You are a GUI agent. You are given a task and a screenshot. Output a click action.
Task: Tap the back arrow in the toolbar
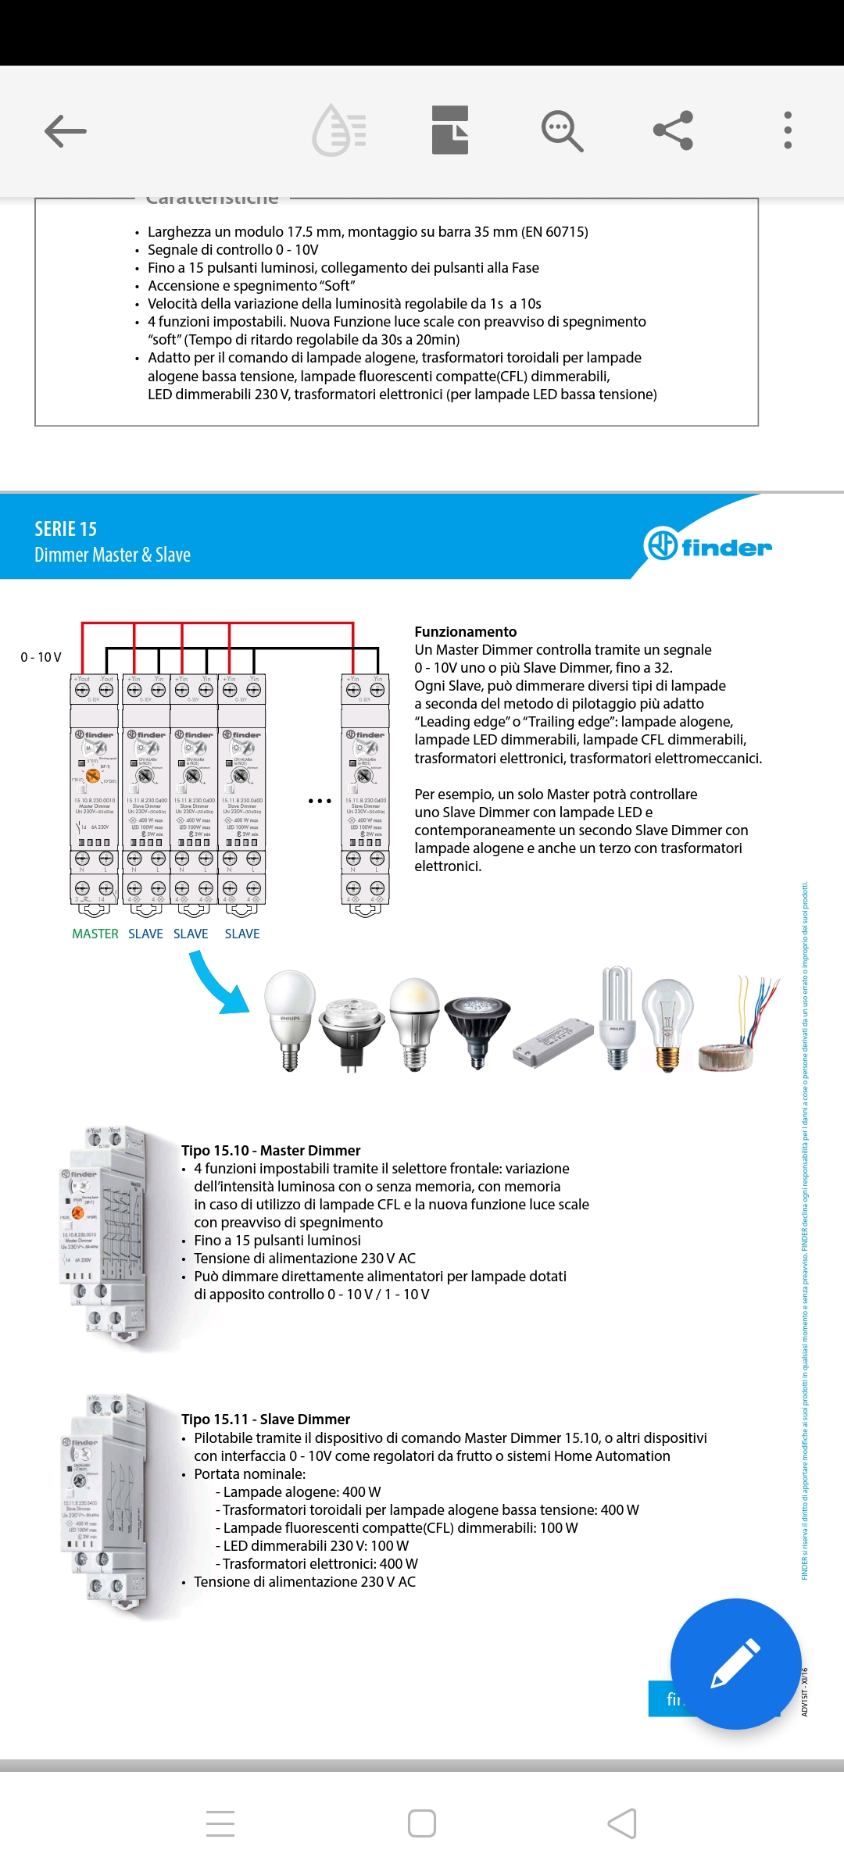[x=66, y=130]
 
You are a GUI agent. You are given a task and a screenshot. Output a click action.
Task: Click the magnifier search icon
[x=562, y=130]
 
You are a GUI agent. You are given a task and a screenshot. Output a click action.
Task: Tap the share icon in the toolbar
[x=673, y=130]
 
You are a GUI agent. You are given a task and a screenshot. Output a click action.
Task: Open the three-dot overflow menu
[x=787, y=130]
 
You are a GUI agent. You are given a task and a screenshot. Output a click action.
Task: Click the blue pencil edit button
[x=735, y=1663]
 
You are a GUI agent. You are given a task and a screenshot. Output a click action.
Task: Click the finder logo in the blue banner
[x=708, y=545]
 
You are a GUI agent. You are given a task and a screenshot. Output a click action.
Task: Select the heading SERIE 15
[x=66, y=529]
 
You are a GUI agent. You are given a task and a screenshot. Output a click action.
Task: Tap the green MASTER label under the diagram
[x=95, y=934]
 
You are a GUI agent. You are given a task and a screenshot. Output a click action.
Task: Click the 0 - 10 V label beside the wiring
[x=41, y=657]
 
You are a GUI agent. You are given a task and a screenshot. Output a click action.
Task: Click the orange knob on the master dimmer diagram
[x=92, y=775]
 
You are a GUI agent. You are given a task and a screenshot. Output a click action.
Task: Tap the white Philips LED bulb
[x=290, y=1016]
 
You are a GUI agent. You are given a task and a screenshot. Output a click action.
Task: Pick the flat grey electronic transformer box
[x=553, y=1042]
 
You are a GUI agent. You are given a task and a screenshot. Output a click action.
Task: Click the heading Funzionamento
[x=465, y=631]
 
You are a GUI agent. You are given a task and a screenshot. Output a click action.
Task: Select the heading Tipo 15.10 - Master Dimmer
[x=270, y=1150]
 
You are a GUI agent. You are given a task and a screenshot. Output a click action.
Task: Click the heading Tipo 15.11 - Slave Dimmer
[x=266, y=1419]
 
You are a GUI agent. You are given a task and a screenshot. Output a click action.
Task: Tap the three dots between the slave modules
[x=320, y=801]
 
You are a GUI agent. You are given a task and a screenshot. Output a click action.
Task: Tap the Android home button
[x=422, y=1823]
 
